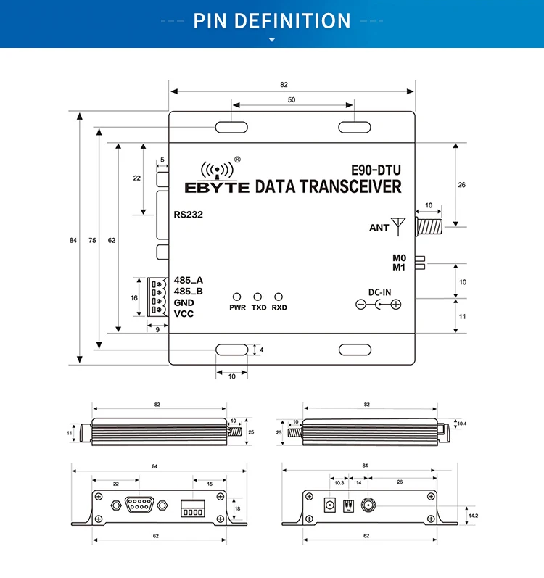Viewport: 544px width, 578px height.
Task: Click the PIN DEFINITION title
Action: point(272,20)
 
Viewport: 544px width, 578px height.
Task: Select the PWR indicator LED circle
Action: point(236,297)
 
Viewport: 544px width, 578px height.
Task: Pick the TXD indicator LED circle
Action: point(257,297)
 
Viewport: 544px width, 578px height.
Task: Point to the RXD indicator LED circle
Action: point(278,297)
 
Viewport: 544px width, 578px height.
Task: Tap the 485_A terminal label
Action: point(188,281)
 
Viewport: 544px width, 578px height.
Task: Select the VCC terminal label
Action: point(184,313)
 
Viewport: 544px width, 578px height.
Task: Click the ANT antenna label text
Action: point(379,228)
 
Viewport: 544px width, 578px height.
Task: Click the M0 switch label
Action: point(398,258)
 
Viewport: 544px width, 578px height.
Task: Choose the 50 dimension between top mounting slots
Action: point(292,100)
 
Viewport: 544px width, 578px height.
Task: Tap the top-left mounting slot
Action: point(231,128)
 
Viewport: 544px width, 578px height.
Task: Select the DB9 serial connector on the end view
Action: point(138,504)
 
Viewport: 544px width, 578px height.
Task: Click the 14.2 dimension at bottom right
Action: point(472,516)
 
